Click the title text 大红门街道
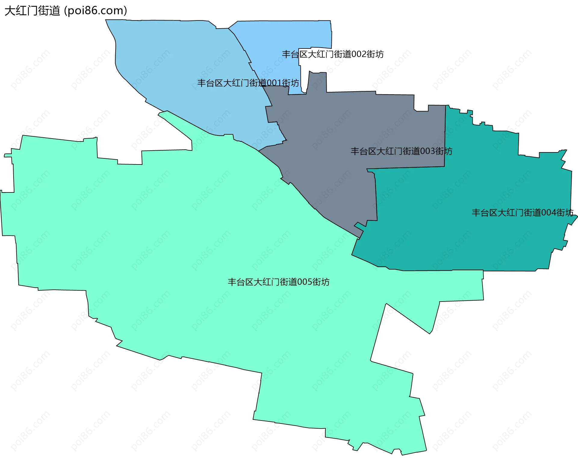click(33, 11)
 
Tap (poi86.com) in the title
click(96, 11)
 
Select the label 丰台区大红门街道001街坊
click(248, 83)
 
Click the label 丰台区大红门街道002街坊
click(333, 54)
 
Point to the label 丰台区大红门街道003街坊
click(401, 151)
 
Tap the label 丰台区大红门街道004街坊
click(522, 213)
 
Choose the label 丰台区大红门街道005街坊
click(278, 282)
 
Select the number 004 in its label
click(548, 213)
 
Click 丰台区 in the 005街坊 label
click(241, 282)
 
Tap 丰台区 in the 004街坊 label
click(484, 213)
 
